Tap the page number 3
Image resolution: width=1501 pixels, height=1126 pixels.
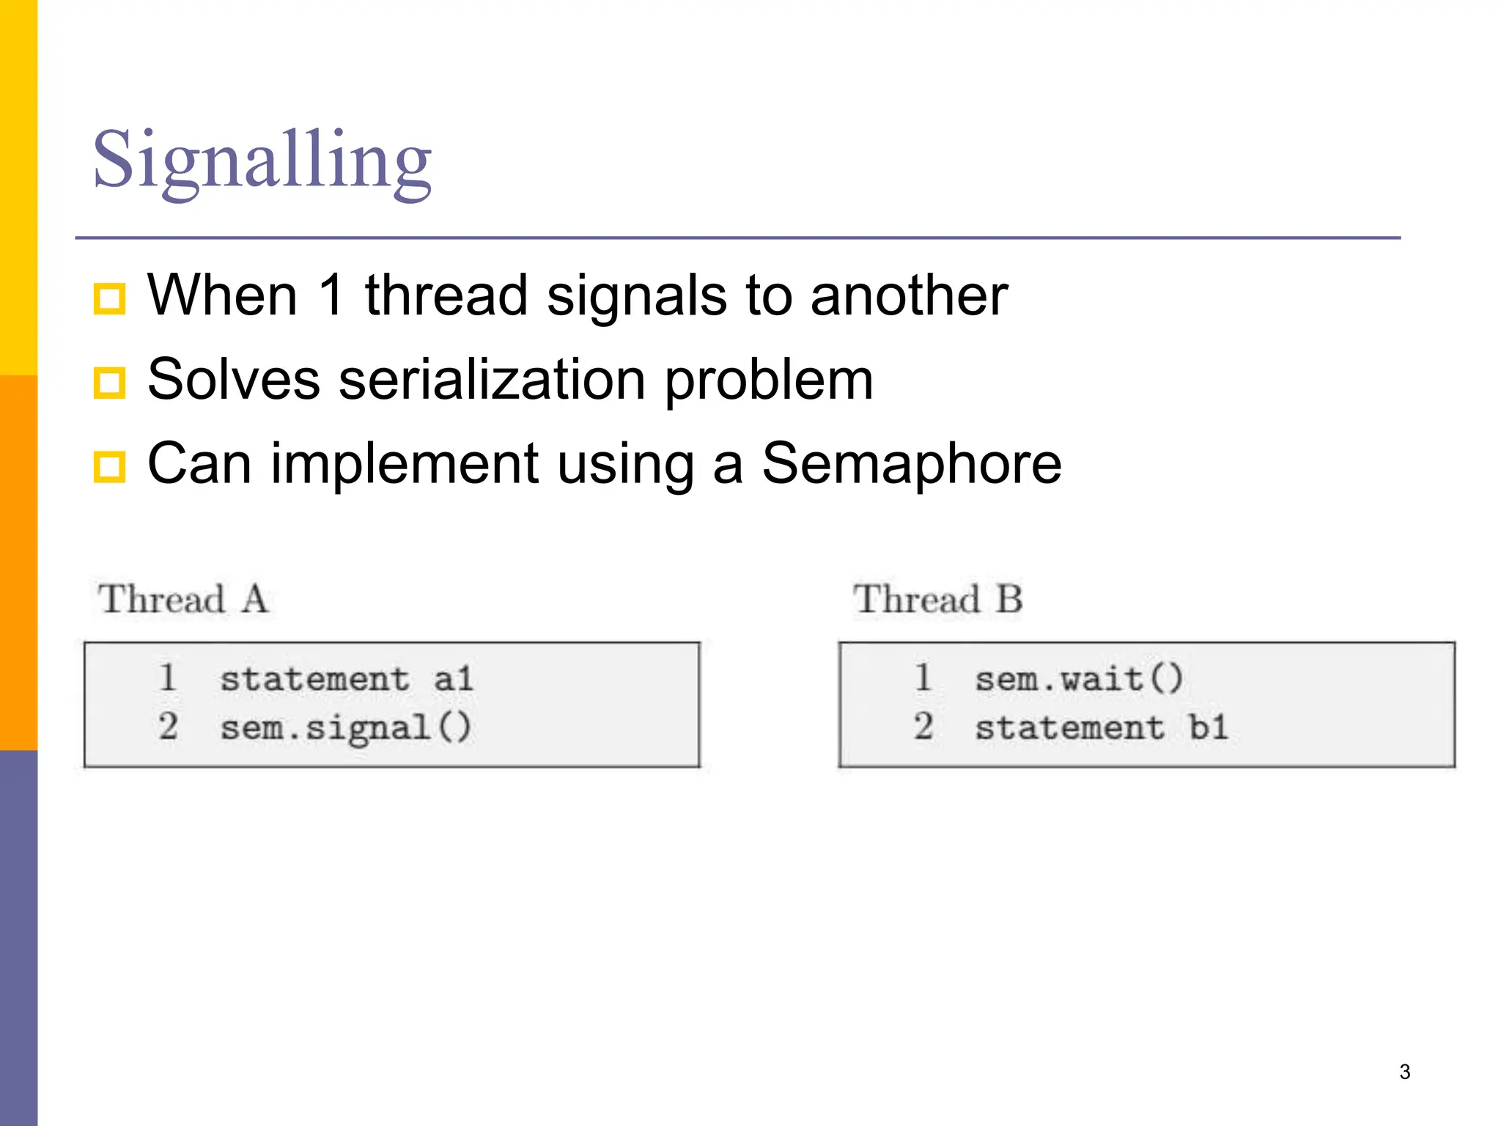pyautogui.click(x=1404, y=1072)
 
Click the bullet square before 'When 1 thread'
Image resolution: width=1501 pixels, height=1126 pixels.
pyautogui.click(x=110, y=298)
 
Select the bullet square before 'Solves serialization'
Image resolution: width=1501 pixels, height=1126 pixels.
pyautogui.click(x=110, y=383)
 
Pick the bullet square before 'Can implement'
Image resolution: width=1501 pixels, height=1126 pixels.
pyautogui.click(x=110, y=467)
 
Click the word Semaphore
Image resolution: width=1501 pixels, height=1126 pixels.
pyautogui.click(x=911, y=463)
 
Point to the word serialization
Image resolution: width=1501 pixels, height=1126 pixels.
pyautogui.click(x=492, y=380)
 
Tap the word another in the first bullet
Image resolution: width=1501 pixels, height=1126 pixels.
pyautogui.click(x=909, y=295)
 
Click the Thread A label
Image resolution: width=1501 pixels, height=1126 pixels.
pyautogui.click(x=183, y=599)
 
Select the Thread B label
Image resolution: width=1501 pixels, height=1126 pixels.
pyautogui.click(x=937, y=599)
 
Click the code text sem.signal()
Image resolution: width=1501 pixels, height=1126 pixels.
pyautogui.click(x=345, y=728)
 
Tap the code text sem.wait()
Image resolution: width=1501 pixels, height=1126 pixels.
pyautogui.click(x=1078, y=678)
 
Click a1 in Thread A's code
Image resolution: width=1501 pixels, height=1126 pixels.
pyautogui.click(x=453, y=678)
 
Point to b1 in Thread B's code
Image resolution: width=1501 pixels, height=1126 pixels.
pyautogui.click(x=1208, y=728)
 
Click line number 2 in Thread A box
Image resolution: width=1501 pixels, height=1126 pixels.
pyautogui.click(x=168, y=727)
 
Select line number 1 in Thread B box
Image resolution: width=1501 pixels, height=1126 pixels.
pyautogui.click(x=923, y=677)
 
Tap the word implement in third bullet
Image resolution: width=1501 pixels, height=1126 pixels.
pyautogui.click(x=405, y=465)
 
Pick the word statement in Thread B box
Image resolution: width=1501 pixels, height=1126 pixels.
pyautogui.click(x=1069, y=728)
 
